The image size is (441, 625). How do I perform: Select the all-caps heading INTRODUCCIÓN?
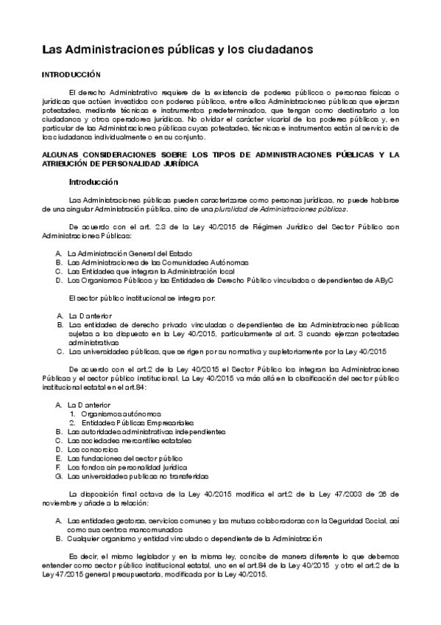[x=71, y=75]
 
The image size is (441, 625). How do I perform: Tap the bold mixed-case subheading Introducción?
[x=94, y=181]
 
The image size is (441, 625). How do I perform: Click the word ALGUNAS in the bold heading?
[x=61, y=155]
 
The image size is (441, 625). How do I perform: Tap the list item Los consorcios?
[x=93, y=449]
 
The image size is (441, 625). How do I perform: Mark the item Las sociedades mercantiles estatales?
[x=121, y=440]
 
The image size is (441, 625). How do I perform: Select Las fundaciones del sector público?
[x=119, y=458]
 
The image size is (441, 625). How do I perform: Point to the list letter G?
[x=58, y=475]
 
